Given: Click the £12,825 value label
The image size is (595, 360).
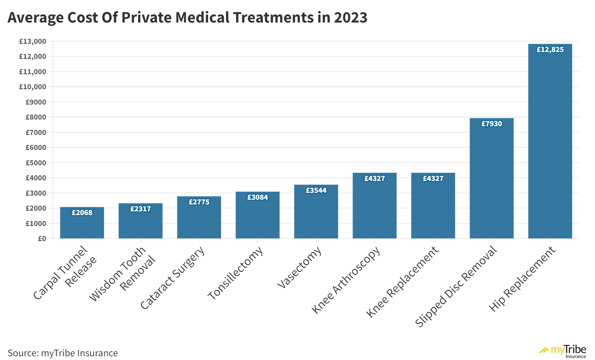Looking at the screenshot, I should (550, 49).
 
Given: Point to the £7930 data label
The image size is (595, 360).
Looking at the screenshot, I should (491, 124).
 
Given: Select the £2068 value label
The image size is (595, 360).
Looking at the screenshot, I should (82, 213).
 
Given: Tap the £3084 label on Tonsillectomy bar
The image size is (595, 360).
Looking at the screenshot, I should (257, 197).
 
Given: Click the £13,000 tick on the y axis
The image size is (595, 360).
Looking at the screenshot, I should (33, 41).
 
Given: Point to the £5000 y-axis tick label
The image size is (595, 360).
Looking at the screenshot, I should (36, 163).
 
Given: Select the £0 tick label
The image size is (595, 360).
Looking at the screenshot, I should (42, 239).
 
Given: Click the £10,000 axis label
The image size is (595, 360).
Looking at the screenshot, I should (33, 87).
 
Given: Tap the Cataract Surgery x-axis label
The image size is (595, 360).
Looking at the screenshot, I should (172, 278).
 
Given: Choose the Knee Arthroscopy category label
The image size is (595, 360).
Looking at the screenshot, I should (346, 280).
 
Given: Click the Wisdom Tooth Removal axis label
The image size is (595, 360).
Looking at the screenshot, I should (122, 274).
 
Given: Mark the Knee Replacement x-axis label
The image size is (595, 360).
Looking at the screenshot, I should (402, 282).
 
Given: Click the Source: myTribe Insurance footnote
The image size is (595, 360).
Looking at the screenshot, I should (63, 353).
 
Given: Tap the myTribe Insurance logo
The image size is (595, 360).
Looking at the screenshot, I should (563, 351).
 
